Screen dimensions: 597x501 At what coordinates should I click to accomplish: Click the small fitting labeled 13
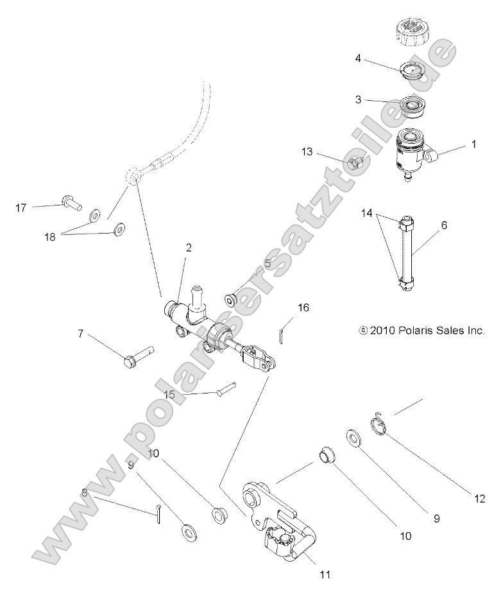[355, 164]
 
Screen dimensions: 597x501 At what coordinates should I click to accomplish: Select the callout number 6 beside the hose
[444, 225]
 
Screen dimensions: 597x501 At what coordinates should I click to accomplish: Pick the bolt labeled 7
[139, 356]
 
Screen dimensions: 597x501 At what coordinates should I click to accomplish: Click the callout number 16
[303, 307]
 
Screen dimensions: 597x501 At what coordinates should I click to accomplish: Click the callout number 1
[474, 145]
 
